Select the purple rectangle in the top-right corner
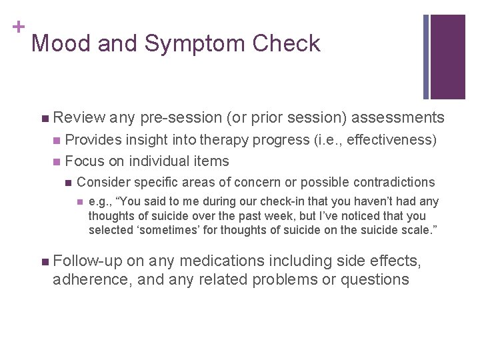[x=448, y=57]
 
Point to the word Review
[x=79, y=118]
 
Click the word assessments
[x=397, y=118]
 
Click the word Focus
[x=84, y=161]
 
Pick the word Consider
[x=103, y=182]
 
